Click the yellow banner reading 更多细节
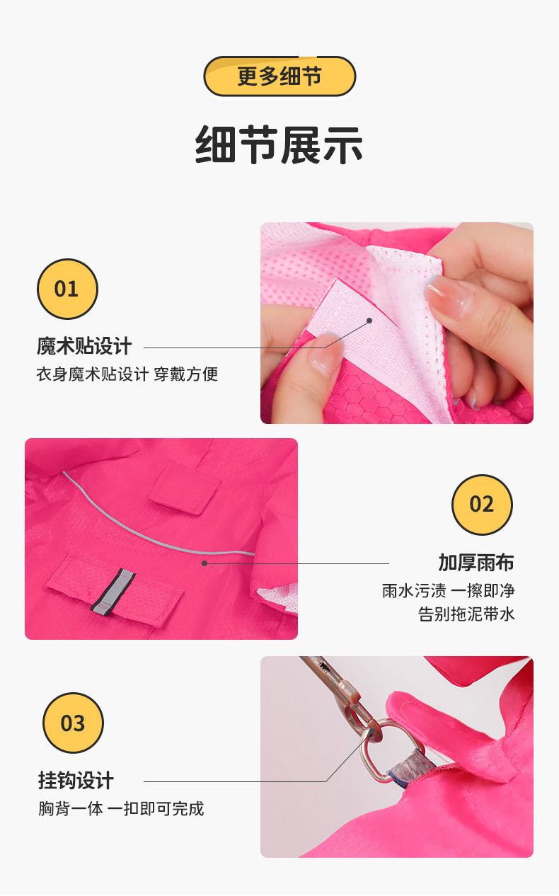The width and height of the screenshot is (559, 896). pos(279,76)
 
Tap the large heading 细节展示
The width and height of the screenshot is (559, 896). pos(279,145)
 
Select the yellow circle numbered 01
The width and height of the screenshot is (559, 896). pos(67,289)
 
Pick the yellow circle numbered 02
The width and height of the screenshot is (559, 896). pos(482,505)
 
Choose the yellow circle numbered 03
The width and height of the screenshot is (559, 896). pos(73,723)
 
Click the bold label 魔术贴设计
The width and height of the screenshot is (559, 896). pos(84,346)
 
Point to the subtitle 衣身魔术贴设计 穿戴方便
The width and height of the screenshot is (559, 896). pos(127,374)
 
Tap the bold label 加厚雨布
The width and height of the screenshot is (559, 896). pos(476,563)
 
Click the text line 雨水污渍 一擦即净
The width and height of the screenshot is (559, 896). pos(448,590)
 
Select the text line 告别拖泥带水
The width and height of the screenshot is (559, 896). pos(466,614)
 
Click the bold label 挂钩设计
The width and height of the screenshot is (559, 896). pos(76,781)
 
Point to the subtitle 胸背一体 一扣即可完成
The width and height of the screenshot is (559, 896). pos(121,808)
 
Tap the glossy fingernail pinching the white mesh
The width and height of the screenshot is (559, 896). pos(448,297)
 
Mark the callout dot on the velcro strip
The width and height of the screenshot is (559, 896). pos(369,321)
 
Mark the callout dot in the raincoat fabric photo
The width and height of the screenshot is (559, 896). pos(204,563)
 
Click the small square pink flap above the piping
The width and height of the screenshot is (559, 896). pos(185,489)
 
